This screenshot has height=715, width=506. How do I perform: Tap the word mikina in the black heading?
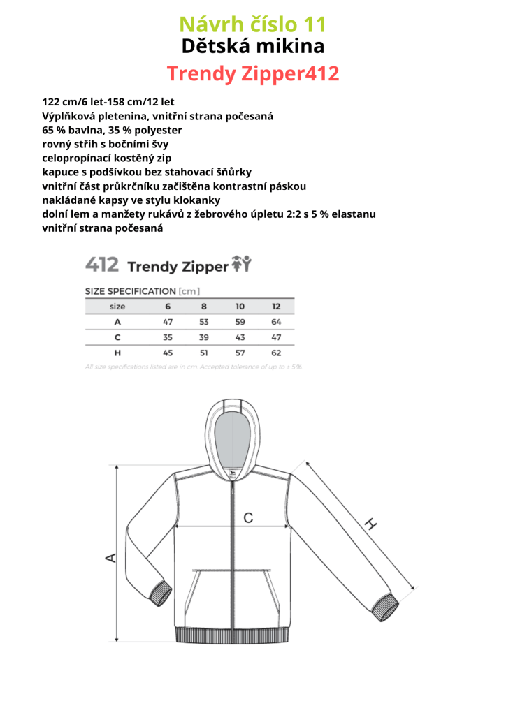(290, 47)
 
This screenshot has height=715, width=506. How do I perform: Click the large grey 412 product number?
(101, 265)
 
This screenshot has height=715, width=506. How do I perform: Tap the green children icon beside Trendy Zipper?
(241, 264)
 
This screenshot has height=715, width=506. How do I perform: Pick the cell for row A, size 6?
(168, 322)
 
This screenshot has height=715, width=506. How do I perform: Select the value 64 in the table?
(276, 322)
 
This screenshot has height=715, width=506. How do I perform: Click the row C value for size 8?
(203, 337)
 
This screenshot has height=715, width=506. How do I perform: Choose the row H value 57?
(240, 353)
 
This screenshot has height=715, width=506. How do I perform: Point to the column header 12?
(276, 307)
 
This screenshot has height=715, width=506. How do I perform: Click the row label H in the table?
(117, 353)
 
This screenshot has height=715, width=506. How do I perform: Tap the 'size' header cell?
(117, 307)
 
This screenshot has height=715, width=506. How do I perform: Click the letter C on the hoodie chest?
(247, 517)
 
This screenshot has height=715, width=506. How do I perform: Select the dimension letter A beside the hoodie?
(110, 557)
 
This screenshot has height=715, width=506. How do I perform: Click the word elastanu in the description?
(354, 214)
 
